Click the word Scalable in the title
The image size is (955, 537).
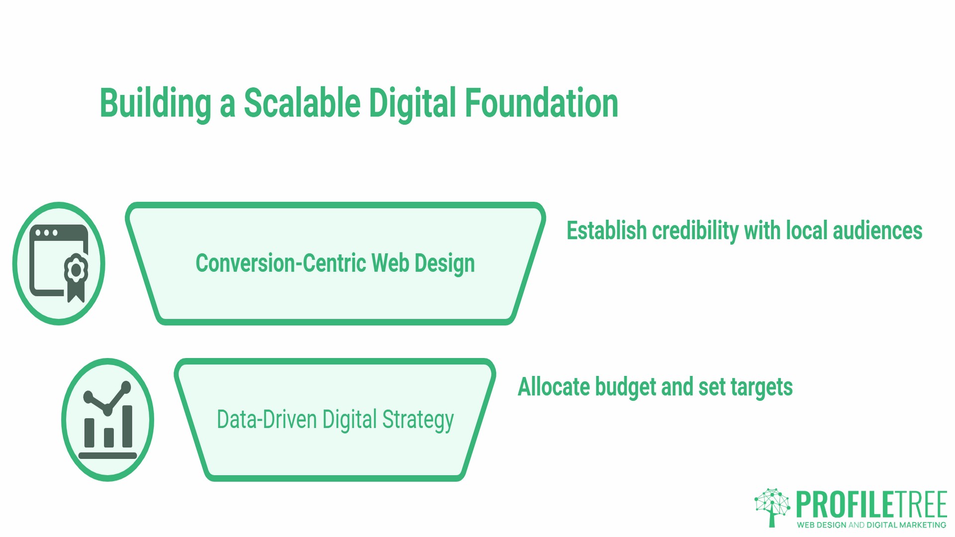click(302, 103)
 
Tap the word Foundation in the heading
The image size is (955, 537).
click(541, 103)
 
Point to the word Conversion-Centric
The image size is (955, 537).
click(281, 263)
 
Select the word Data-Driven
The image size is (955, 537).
click(267, 419)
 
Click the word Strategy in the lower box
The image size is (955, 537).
click(418, 420)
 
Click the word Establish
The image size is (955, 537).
click(606, 231)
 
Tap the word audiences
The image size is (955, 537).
click(877, 231)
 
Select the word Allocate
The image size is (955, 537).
click(553, 387)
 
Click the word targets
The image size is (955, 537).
click(762, 387)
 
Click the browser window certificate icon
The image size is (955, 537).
click(59, 263)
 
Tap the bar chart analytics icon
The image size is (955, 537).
click(107, 420)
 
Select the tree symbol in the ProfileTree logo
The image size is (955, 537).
click(772, 507)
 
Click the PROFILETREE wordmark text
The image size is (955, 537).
click(871, 505)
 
